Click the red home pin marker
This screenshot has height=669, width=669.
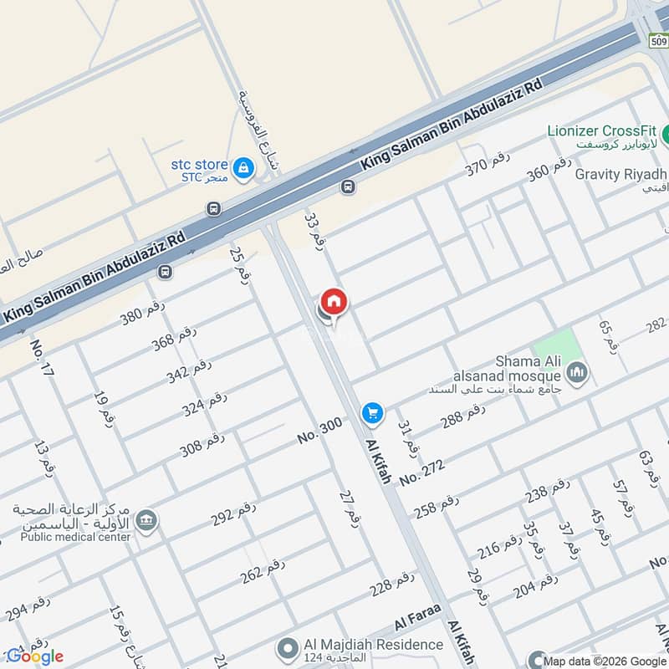334,302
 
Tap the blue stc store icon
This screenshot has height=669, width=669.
243,168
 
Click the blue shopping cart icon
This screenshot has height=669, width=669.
372,413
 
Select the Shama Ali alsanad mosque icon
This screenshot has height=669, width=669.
577,373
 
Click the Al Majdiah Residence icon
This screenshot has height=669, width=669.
289,647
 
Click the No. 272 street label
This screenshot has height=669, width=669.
421,471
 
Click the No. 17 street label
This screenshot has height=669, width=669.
42,357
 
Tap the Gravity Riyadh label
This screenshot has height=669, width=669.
620,174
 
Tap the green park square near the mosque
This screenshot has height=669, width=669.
555,346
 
